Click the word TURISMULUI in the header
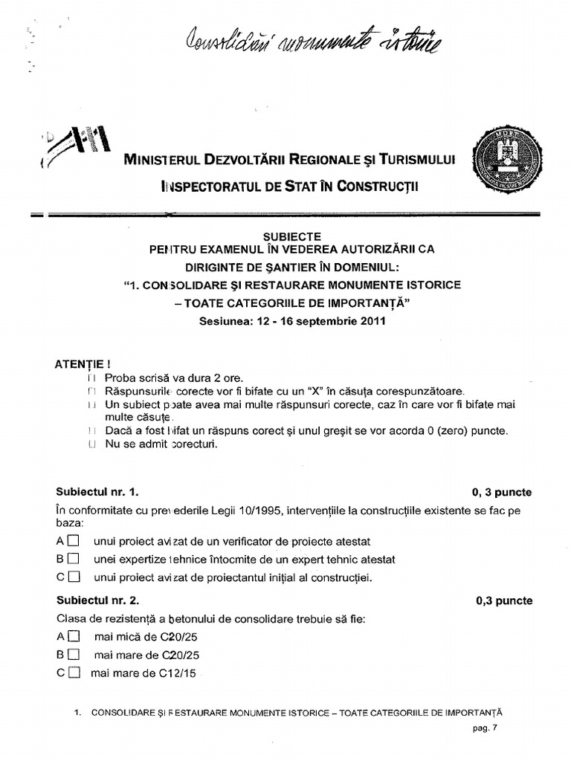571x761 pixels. (x=416, y=159)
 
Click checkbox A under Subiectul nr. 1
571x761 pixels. (x=73, y=542)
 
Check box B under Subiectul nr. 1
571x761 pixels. (x=73, y=560)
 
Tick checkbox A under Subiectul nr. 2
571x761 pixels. (x=73, y=637)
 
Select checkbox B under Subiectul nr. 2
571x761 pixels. (x=73, y=655)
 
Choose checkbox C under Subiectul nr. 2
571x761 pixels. (x=73, y=674)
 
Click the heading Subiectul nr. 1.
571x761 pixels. (x=97, y=492)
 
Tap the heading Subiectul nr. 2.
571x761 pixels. (x=97, y=600)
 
